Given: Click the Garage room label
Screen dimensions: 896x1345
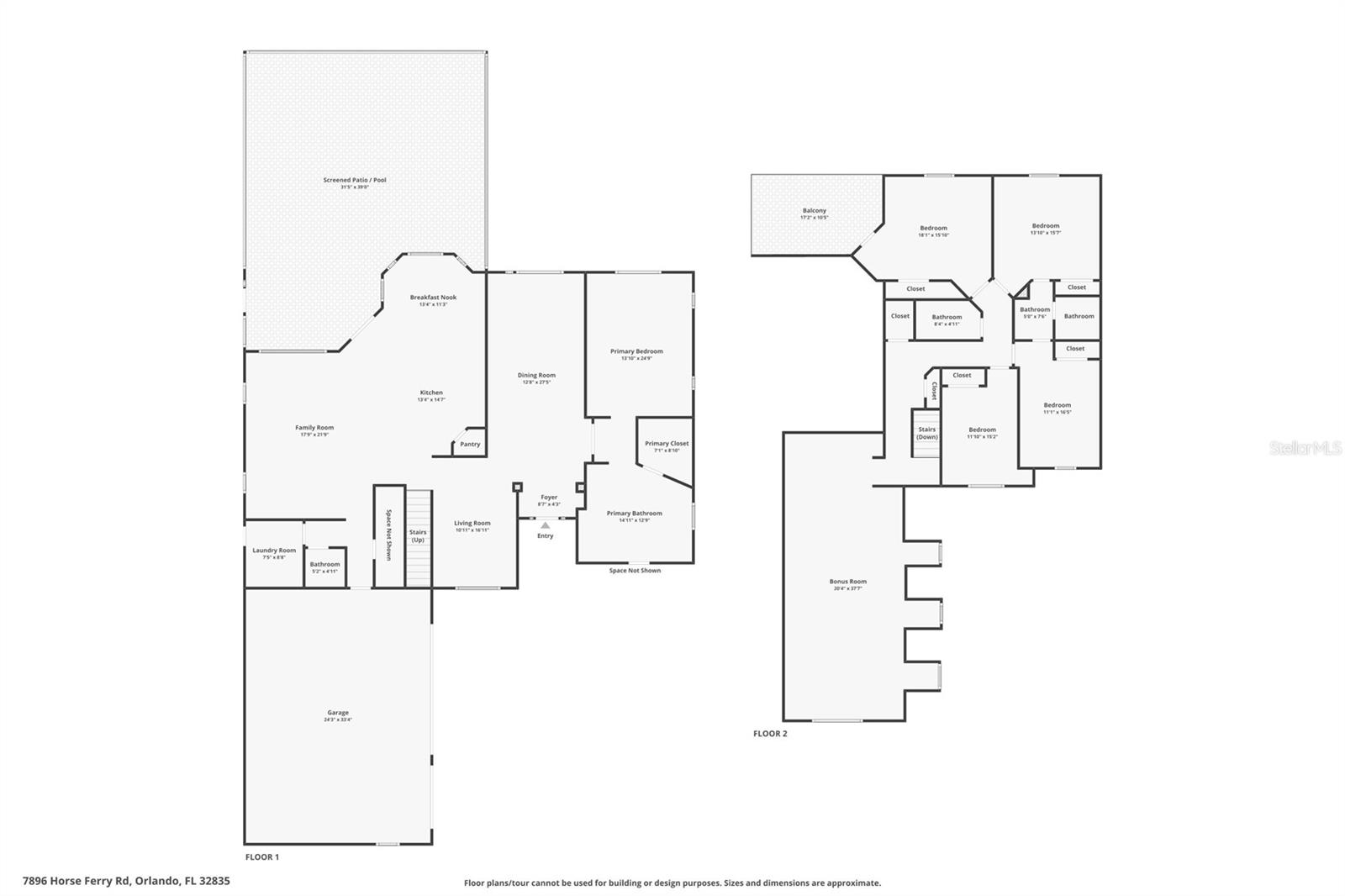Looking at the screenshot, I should (x=337, y=713).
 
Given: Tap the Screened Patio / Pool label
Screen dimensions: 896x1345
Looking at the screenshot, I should (x=355, y=180).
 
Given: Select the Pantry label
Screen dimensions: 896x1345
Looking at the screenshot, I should (x=470, y=444).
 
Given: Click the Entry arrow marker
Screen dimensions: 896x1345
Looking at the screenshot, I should (x=545, y=525).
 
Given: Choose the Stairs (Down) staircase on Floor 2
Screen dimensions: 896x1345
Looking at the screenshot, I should (x=926, y=434).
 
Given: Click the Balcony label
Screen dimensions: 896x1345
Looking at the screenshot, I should (x=814, y=211).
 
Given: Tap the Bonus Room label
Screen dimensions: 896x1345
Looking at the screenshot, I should (x=847, y=582).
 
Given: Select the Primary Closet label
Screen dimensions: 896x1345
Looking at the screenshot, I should (x=667, y=444).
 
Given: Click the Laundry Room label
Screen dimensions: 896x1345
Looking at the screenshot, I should (x=274, y=551).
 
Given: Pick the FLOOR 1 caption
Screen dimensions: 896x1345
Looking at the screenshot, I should (x=261, y=856).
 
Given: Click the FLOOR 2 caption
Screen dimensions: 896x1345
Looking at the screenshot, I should (x=770, y=734).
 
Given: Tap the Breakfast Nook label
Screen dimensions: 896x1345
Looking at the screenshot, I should (x=433, y=298).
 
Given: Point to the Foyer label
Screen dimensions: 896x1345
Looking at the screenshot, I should (x=549, y=498).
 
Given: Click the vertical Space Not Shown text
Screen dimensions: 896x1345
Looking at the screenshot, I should (x=389, y=535).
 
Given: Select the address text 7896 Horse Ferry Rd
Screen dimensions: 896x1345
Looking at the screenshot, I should (x=126, y=881).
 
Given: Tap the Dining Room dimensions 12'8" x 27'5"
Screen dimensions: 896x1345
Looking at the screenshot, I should (x=536, y=382).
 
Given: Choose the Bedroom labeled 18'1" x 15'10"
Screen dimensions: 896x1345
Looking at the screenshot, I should (x=933, y=229).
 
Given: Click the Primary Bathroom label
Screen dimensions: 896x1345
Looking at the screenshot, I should (x=635, y=514).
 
